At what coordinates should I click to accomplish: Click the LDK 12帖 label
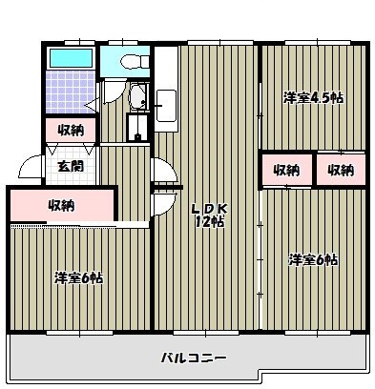coord(207,215)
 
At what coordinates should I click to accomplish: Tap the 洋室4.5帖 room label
coord(313,97)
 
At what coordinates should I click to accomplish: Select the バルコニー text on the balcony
coord(193,358)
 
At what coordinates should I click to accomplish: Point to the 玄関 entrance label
coord(69,166)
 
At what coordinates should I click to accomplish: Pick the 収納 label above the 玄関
coord(69,130)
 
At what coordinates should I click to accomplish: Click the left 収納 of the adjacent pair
coord(286,171)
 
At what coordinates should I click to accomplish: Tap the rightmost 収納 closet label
coord(341,171)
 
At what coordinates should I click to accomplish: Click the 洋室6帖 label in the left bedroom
coord(78,277)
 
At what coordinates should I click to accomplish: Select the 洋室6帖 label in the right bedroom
coord(314,259)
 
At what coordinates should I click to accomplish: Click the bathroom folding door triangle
coord(90,104)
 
